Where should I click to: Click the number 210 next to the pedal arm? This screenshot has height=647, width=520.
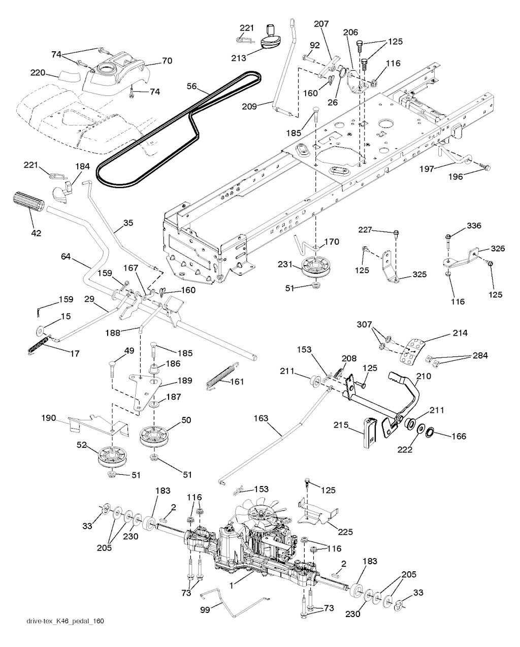(424, 376)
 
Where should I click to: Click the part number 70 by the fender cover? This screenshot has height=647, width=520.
(167, 60)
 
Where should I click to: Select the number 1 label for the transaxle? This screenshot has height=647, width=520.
(232, 586)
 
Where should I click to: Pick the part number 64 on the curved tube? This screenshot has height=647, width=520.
(66, 257)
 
